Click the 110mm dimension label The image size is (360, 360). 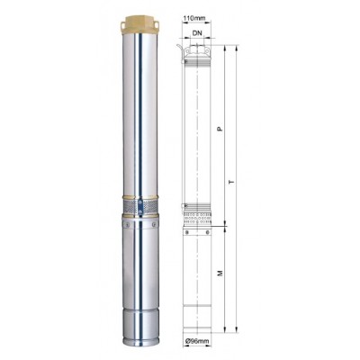[194, 18]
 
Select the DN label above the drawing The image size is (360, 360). [197, 33]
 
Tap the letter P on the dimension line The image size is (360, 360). [220, 129]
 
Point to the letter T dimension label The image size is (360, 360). [231, 182]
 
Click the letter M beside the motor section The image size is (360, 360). [220, 273]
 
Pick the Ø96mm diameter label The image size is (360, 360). [197, 341]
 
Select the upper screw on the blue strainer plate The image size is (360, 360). [139, 203]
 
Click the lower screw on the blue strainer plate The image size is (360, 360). [139, 211]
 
